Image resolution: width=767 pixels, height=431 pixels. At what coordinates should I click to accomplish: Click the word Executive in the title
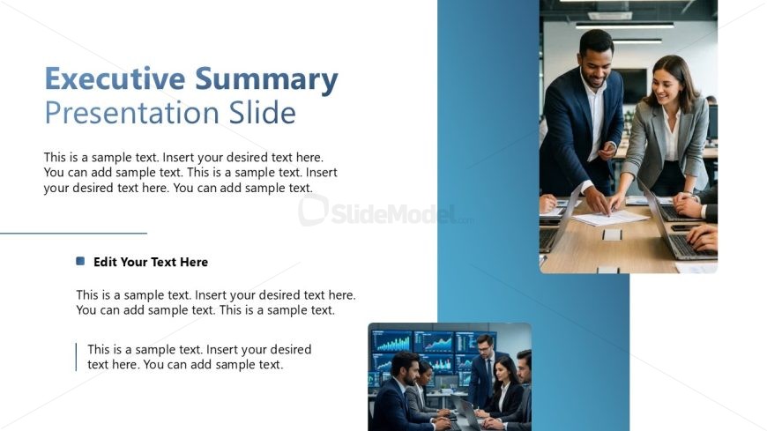point(115,78)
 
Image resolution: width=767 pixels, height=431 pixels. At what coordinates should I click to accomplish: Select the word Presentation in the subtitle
point(132,113)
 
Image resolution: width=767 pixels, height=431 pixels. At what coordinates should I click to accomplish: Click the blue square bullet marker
point(80,261)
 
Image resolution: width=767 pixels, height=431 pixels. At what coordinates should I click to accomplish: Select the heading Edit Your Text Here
point(151,263)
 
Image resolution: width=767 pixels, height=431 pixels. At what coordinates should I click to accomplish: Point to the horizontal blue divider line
point(73,234)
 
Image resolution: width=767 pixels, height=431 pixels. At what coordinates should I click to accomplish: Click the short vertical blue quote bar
point(77,357)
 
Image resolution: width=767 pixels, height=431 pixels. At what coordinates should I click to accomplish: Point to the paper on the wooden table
point(610,218)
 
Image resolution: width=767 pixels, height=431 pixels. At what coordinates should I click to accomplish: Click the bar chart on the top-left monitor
point(391,341)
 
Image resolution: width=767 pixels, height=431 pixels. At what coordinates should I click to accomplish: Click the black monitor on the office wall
point(631,86)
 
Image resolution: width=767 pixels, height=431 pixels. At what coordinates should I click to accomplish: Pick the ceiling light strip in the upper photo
point(624,25)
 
